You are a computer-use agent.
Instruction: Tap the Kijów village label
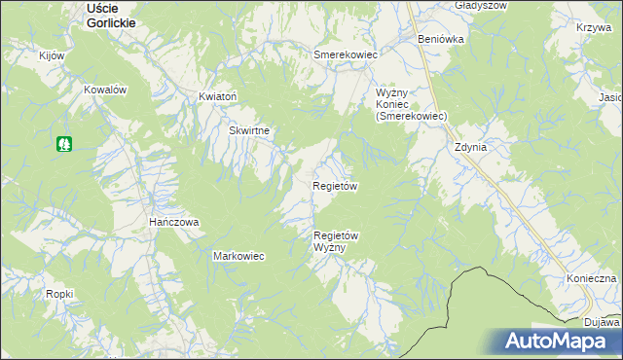[x=51, y=55]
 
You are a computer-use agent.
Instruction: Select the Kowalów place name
[x=106, y=90]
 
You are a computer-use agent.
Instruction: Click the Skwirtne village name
[x=249, y=130]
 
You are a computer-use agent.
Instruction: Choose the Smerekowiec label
[x=345, y=55]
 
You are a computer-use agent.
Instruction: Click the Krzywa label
[x=593, y=28]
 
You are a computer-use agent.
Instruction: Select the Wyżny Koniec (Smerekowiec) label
[x=411, y=104]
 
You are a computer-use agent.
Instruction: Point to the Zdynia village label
[x=469, y=148]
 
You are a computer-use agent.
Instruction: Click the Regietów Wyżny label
[x=337, y=241]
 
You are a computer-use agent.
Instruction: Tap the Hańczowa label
[x=173, y=222]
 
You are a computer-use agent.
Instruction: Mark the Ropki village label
[x=59, y=293]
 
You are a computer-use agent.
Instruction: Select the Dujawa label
[x=603, y=321]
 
